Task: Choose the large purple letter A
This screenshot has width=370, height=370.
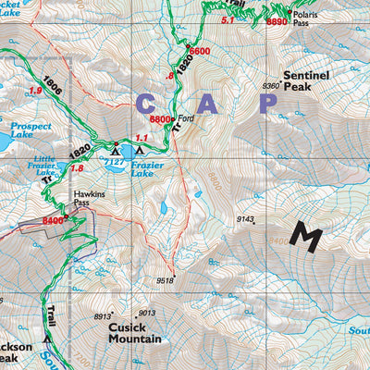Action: [209, 105]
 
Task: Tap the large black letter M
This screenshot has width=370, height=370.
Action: [305, 236]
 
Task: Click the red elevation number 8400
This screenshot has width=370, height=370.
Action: [54, 221]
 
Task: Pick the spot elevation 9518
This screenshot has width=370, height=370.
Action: [165, 280]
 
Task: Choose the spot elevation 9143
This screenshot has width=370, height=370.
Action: [245, 218]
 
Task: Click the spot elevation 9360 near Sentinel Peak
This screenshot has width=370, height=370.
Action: [271, 85]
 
